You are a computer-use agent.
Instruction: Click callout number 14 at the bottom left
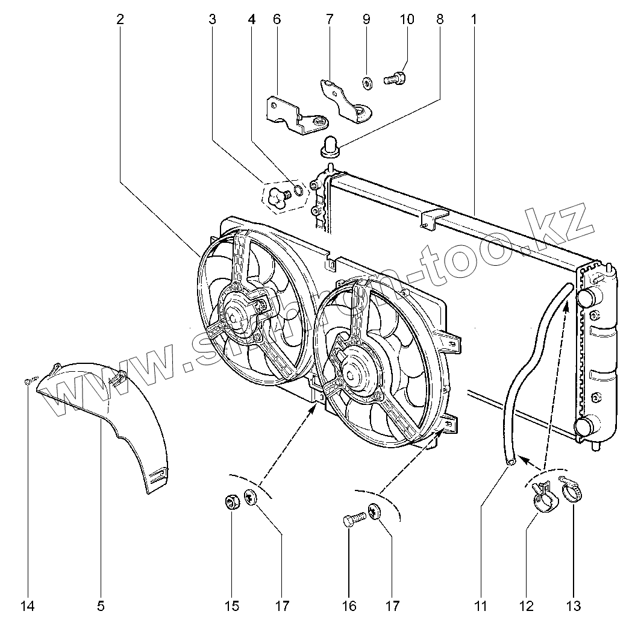(28, 605)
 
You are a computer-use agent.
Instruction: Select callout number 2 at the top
(120, 19)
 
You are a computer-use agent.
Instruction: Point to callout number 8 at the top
(439, 19)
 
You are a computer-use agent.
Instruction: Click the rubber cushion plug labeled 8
(330, 146)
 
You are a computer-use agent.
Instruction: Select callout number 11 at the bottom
(481, 605)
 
